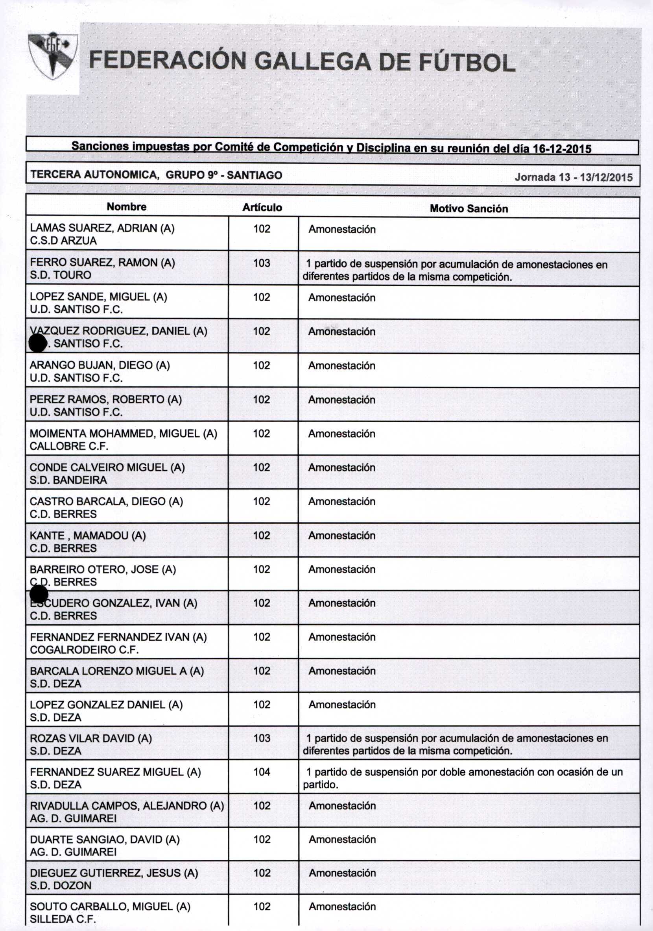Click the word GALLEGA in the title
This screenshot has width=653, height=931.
[x=312, y=62]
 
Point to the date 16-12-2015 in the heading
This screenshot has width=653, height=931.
[x=562, y=149]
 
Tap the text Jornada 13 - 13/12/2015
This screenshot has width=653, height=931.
[x=573, y=177]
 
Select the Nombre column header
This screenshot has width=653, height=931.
[x=126, y=207]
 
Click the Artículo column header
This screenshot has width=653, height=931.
[x=262, y=208]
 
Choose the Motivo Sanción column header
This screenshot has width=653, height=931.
[x=469, y=209]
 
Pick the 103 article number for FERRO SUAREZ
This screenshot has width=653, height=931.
[x=262, y=263]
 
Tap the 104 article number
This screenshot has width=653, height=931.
[x=262, y=772]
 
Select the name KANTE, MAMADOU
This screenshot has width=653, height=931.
[x=87, y=536]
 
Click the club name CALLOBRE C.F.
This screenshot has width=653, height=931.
[x=69, y=446]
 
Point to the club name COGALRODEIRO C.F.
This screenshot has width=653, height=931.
[x=84, y=649]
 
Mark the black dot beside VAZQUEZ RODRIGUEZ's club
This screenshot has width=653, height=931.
[x=38, y=343]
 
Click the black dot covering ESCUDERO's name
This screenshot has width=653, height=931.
[x=39, y=594]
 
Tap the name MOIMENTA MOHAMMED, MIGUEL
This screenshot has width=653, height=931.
[x=123, y=434]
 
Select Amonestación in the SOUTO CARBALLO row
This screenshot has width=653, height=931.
[x=342, y=907]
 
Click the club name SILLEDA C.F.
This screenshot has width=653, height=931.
[x=63, y=919]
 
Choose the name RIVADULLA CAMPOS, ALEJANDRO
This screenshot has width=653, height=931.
[x=127, y=806]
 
